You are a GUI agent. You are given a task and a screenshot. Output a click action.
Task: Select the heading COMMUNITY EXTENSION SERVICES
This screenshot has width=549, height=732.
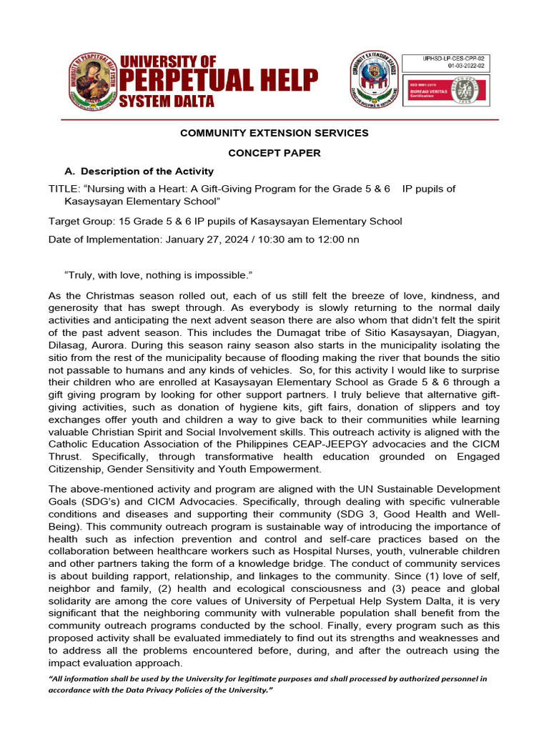pos(274,133)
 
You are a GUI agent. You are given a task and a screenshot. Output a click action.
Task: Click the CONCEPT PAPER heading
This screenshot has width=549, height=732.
pos(274,153)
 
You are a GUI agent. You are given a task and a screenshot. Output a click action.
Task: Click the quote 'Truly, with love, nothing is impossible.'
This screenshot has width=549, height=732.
pos(159,275)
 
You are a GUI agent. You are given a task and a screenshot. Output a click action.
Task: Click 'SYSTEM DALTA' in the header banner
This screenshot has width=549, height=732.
pos(167,102)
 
